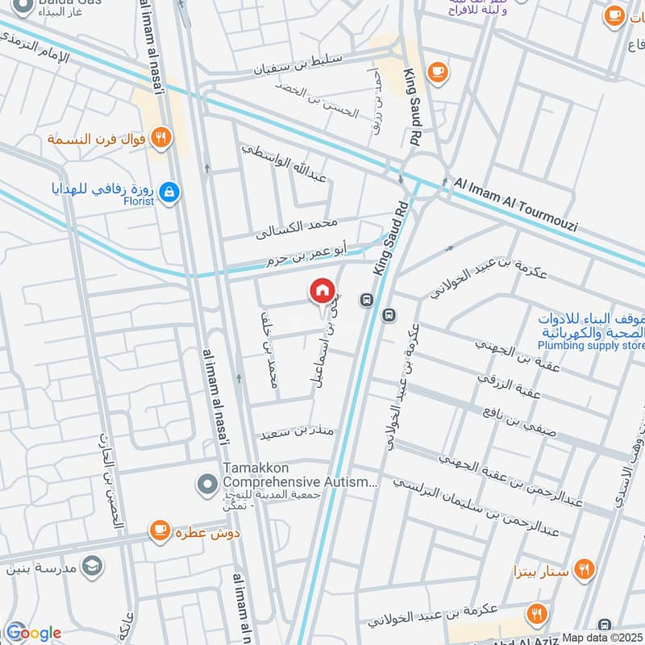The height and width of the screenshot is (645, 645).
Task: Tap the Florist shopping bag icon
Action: pyautogui.click(x=169, y=192)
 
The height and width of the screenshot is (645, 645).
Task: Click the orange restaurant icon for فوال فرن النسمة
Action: pyautogui.click(x=162, y=138)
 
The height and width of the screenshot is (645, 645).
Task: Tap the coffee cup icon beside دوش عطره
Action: pyautogui.click(x=160, y=530)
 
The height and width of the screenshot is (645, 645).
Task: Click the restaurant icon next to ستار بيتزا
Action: pyautogui.click(x=585, y=569)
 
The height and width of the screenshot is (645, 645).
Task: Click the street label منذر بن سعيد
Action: pyautogui.click(x=296, y=433)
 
